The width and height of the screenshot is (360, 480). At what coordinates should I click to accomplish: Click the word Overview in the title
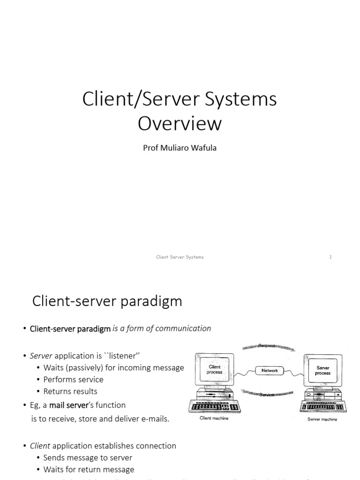(x=180, y=124)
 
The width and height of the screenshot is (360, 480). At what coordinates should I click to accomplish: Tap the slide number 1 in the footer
(x=330, y=257)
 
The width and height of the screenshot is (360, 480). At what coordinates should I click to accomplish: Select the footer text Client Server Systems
(x=180, y=257)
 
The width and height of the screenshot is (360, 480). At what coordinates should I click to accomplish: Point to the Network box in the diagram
(x=270, y=370)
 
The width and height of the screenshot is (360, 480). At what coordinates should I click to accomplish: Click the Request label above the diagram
(x=267, y=345)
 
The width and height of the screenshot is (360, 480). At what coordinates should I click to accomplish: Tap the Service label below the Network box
(x=267, y=395)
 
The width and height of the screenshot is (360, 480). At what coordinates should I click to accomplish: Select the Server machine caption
(x=322, y=419)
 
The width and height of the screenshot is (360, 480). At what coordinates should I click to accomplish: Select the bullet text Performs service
(x=73, y=379)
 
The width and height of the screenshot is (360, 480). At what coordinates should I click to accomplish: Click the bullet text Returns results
(x=70, y=391)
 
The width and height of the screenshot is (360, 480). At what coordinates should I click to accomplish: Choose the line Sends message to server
(x=88, y=457)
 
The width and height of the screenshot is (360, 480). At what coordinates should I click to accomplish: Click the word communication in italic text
(x=184, y=328)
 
